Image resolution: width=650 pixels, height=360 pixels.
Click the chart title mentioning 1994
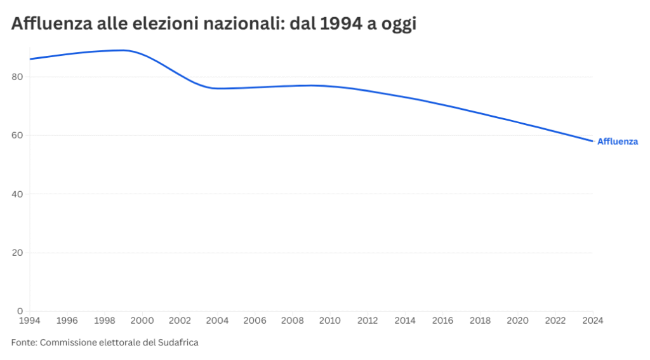point(213,25)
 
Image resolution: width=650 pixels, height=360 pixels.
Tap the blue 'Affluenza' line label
point(617,142)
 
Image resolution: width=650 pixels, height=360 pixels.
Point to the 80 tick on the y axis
point(17,77)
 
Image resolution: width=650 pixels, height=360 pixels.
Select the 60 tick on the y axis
point(17,135)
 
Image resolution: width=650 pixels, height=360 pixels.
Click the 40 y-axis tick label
point(17,194)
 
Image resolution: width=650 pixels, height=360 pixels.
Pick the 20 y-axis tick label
point(17,253)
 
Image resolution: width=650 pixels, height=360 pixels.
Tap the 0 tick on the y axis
point(20,311)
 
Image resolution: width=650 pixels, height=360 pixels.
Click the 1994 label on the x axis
point(30,321)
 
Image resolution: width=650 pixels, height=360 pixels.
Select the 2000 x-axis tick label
point(142,321)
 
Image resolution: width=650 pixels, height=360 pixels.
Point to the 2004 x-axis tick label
point(217,321)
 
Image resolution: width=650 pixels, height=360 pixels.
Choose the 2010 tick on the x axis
point(330,321)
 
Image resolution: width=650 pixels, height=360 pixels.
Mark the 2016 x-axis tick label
point(442,321)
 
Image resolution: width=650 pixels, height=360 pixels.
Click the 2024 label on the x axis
point(592,321)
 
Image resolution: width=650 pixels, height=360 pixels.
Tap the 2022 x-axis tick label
point(555,321)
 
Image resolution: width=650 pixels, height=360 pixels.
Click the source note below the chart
point(105,343)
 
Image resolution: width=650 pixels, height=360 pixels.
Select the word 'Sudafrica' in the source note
point(178,343)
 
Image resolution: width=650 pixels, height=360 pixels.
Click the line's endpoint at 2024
point(592,141)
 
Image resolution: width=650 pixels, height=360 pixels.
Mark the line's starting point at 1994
point(30,59)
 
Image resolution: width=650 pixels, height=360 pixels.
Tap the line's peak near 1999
point(123,50)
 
